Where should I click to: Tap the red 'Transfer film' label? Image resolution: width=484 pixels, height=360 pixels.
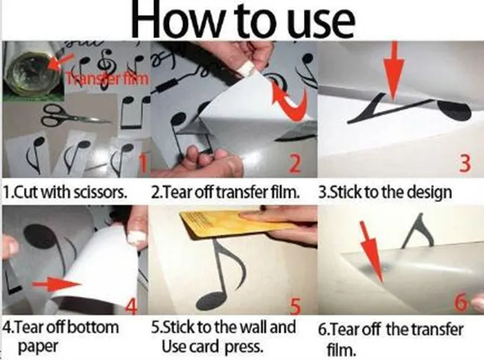(x=108, y=79)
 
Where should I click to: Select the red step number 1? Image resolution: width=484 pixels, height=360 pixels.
(x=142, y=163)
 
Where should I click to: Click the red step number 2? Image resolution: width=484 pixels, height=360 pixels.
(x=295, y=164)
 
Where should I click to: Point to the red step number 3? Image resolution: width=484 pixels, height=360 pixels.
(x=465, y=162)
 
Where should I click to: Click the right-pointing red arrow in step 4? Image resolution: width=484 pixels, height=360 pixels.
(x=57, y=284)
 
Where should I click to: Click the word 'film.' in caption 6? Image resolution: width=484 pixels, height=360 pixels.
(x=341, y=349)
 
